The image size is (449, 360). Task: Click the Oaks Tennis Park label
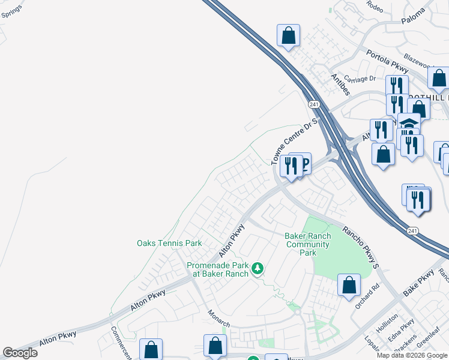click(169, 243)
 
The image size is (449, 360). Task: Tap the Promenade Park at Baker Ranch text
click(217, 269)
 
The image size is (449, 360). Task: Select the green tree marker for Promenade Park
click(258, 267)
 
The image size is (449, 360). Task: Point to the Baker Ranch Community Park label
click(307, 245)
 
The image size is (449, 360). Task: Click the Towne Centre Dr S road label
click(294, 142)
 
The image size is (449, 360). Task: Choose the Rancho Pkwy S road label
click(361, 246)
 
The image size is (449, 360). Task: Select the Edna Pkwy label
click(401, 331)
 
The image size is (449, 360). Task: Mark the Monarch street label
click(218, 318)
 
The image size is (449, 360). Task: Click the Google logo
click(20, 353)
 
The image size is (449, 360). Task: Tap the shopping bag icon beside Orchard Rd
click(349, 286)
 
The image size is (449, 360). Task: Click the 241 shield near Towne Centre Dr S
click(313, 104)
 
